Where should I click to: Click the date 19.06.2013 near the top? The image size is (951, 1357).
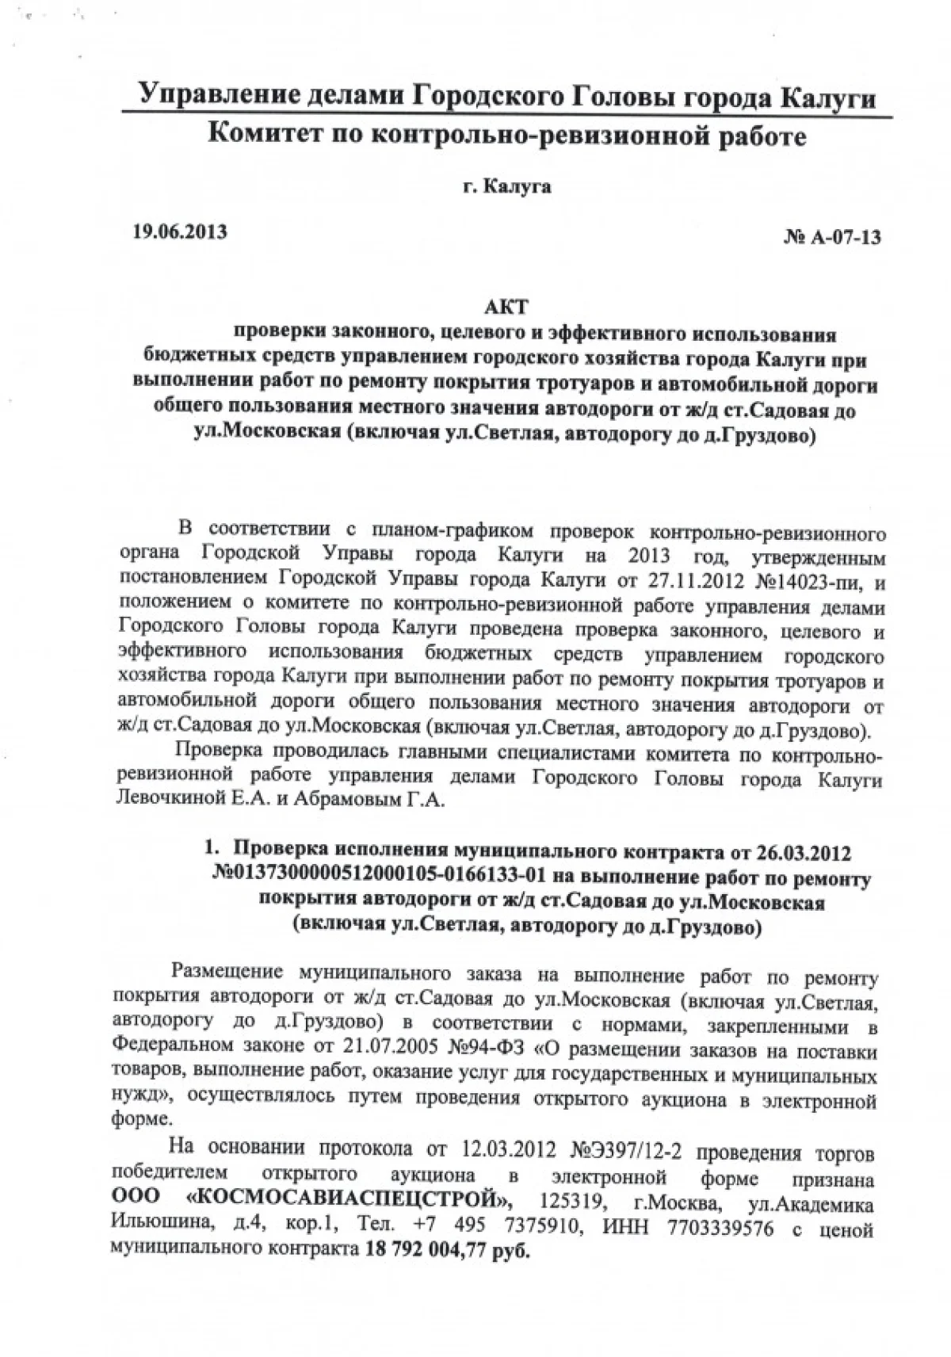coord(178,232)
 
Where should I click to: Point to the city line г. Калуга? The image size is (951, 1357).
coord(508,187)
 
